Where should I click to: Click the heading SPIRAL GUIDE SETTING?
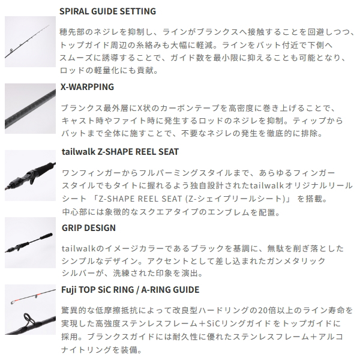click(107, 11)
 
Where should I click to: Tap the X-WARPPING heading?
click(87, 87)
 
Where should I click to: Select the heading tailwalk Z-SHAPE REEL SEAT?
click(121, 152)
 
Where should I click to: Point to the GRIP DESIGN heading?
click(89, 228)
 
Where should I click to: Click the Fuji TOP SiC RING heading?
click(130, 290)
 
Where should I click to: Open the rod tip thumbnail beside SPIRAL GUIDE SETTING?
click(31, 41)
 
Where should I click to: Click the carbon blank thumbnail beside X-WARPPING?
click(31, 109)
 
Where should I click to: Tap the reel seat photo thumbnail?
click(31, 175)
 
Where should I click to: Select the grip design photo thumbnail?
click(31, 242)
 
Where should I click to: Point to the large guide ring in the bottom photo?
click(28, 319)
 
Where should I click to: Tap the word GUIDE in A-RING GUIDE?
click(186, 290)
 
